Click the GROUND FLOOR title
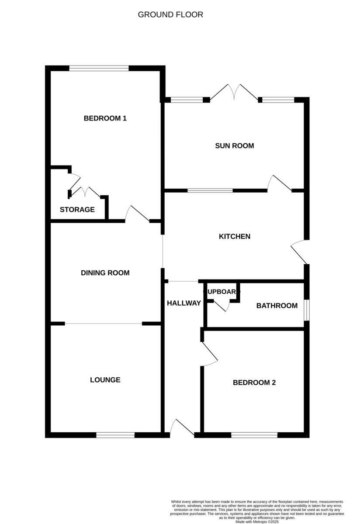pos(170,14)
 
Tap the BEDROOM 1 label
pos(105,118)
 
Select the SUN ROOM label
pos(234,145)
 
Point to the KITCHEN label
pos(235,236)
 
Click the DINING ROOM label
pos(105,273)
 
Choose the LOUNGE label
pos(105,380)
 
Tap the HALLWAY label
pos(184,303)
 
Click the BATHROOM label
pos(277,306)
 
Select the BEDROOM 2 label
pos(254,383)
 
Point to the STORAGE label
pos(77,210)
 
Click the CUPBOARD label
pos(222,292)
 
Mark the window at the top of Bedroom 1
pos(99,68)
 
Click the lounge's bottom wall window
pos(115,435)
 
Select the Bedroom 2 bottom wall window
pos(254,435)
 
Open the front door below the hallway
pos(182,428)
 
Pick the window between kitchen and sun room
pos(210,190)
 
